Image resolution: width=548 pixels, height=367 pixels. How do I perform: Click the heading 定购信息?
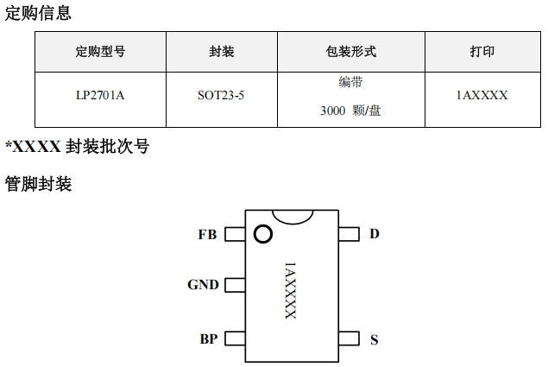[x=39, y=12]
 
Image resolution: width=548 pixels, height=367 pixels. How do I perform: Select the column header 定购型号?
[x=100, y=52]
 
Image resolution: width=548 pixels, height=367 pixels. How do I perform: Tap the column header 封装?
[x=221, y=52]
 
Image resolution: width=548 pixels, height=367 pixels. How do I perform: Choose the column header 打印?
[x=482, y=52]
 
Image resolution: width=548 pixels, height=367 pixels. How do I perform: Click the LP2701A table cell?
[x=100, y=96]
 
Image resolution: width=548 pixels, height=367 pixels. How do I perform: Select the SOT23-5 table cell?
[x=221, y=96]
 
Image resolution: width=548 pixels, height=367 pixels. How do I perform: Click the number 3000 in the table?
[x=333, y=111]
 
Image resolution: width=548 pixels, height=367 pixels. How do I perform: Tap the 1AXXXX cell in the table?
[x=482, y=96]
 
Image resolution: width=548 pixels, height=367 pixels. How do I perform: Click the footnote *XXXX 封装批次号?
[x=78, y=147]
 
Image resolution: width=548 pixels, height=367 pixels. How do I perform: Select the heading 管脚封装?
[x=39, y=183]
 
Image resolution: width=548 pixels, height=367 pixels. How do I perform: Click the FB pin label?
[x=207, y=234]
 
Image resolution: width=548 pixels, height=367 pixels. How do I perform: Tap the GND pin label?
[x=203, y=285]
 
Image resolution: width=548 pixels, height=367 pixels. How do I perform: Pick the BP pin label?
[x=208, y=339]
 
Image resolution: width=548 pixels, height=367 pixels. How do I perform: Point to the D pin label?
[x=375, y=234]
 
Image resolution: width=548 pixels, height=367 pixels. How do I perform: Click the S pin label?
[x=375, y=339]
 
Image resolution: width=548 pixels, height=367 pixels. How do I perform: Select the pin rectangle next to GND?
[x=234, y=285]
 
